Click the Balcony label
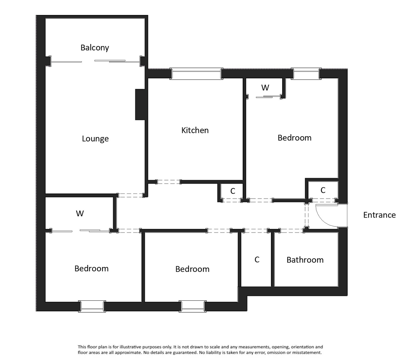[95, 48]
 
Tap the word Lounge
[95, 139]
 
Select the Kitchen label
[195, 130]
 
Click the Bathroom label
[305, 260]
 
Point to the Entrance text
[379, 215]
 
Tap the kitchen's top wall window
[196, 74]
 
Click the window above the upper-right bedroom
[306, 74]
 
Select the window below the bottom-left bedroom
[92, 306]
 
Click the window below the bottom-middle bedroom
[193, 306]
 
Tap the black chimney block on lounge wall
[140, 105]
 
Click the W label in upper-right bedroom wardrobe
[265, 88]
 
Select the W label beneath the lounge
[80, 214]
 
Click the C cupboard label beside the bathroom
[257, 260]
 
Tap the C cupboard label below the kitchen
[233, 191]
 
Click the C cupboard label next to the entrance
[323, 190]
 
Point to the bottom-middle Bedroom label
[192, 269]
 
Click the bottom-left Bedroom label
[91, 268]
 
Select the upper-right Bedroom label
[294, 138]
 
